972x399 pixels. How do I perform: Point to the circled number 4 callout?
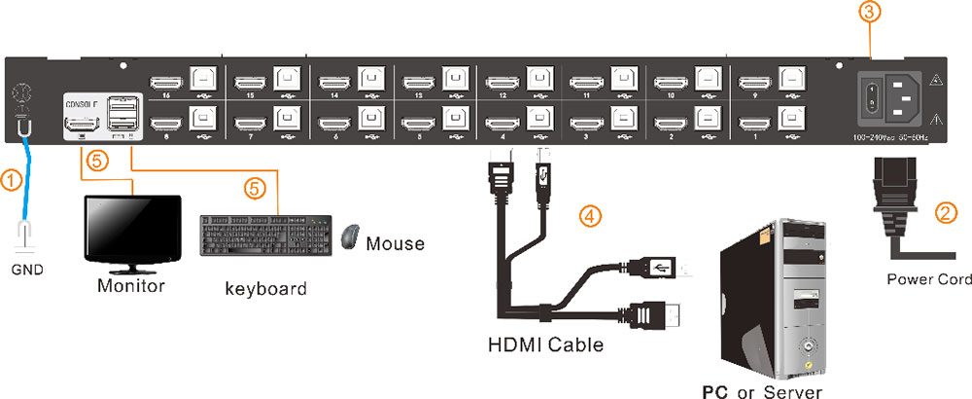(x=586, y=213)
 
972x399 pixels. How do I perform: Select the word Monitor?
(x=129, y=287)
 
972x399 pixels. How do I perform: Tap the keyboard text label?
(x=265, y=288)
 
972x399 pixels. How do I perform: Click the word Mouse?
(x=395, y=242)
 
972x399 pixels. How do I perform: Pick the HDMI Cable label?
(x=544, y=345)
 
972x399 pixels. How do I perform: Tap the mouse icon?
(x=350, y=236)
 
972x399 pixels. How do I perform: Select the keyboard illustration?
(x=264, y=236)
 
